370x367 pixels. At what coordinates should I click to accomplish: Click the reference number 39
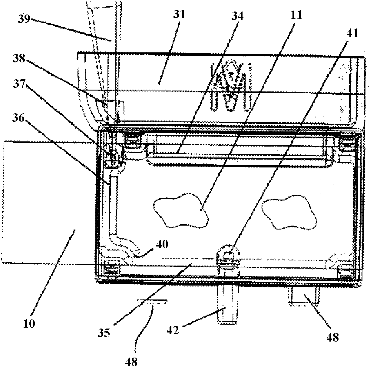pyautogui.click(x=25, y=19)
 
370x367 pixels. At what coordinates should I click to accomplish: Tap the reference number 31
pyautogui.click(x=179, y=15)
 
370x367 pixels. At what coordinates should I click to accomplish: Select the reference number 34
pyautogui.click(x=237, y=16)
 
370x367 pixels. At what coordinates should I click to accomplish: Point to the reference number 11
pyautogui.click(x=296, y=15)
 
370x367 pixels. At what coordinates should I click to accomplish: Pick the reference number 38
pyautogui.click(x=19, y=58)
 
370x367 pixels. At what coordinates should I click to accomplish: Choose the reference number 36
pyautogui.click(x=19, y=118)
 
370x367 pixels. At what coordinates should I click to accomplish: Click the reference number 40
pyautogui.click(x=162, y=244)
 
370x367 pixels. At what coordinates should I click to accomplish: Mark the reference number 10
pyautogui.click(x=29, y=324)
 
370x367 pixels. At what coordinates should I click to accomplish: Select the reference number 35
pyautogui.click(x=104, y=333)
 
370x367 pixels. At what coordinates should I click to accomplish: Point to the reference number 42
pyautogui.click(x=173, y=330)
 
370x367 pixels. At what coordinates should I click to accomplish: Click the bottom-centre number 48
pyautogui.click(x=131, y=362)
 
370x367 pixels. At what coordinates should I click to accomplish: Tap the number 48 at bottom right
pyautogui.click(x=333, y=337)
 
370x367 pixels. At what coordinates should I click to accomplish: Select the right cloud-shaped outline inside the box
pyautogui.click(x=289, y=212)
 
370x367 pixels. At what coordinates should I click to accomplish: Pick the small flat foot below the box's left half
pyautogui.click(x=152, y=301)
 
